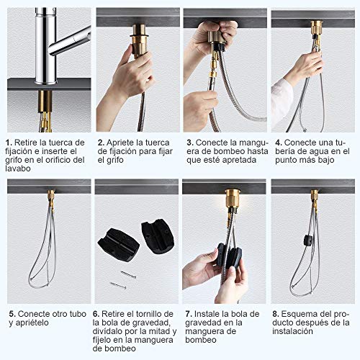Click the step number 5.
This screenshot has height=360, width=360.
(x=11, y=314)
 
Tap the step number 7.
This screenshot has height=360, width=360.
(x=186, y=314)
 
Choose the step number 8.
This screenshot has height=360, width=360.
(x=275, y=314)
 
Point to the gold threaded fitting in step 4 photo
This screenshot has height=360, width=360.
(x=316, y=28)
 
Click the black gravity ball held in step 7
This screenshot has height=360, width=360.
(x=229, y=256)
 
